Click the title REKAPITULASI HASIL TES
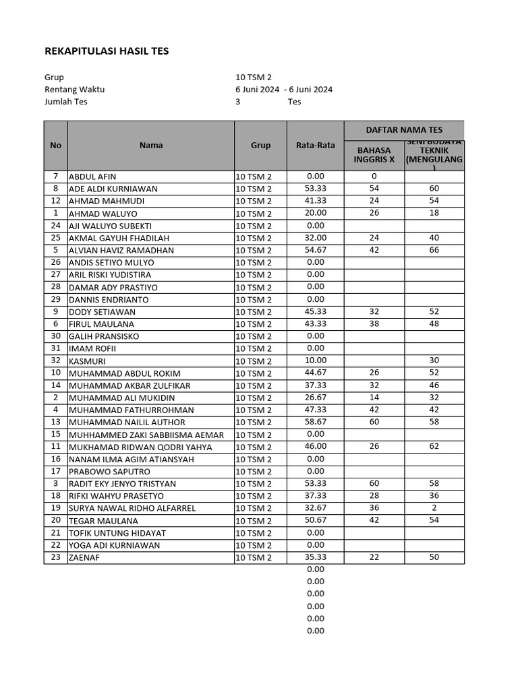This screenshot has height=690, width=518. (107, 51)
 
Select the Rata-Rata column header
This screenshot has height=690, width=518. (315, 145)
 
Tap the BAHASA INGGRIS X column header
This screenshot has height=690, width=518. (374, 155)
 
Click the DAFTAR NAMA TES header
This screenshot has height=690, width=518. (404, 130)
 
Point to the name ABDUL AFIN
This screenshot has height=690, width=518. (92, 177)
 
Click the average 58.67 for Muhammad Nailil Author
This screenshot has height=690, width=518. (315, 422)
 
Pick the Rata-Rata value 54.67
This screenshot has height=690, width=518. (315, 250)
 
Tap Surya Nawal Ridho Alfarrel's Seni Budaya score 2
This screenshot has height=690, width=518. (434, 508)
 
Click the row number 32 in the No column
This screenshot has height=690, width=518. (56, 360)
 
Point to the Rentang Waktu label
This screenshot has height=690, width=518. (74, 90)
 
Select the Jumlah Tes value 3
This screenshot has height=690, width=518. (238, 102)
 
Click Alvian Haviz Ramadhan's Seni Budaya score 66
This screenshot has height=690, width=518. (434, 250)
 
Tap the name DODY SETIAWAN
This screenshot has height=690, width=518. (102, 312)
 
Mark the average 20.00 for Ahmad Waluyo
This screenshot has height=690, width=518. (315, 213)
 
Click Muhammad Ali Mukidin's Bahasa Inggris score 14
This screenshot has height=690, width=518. (374, 398)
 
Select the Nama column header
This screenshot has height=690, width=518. (151, 145)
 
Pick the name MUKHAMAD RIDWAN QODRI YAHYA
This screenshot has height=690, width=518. (140, 447)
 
